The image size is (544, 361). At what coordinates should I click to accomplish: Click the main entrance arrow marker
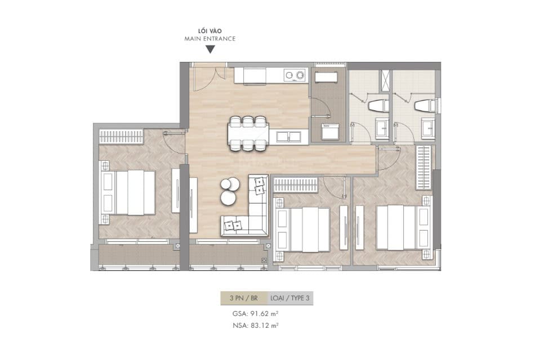[x=210, y=49]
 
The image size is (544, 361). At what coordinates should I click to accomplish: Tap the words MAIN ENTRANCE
[x=209, y=39]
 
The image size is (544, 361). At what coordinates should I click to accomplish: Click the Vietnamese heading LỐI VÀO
[x=209, y=31]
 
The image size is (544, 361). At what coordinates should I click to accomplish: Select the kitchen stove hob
[x=295, y=75]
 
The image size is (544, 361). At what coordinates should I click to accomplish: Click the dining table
[x=248, y=133]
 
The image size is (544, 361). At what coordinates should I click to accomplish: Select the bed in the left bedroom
[x=128, y=193]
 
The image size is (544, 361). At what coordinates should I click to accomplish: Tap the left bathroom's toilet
[x=375, y=105]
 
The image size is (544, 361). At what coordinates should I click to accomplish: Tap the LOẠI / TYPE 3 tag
[x=290, y=299]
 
